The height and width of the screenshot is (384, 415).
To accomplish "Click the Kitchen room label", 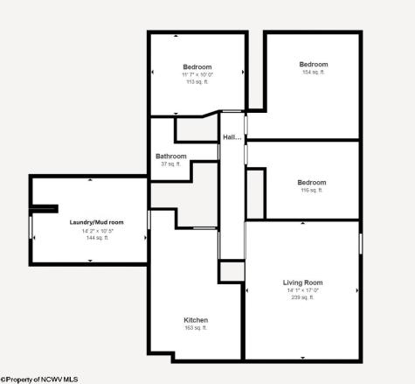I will (196, 320).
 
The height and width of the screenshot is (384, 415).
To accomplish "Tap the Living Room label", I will (302, 283).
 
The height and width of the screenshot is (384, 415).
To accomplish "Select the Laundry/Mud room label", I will (96, 222).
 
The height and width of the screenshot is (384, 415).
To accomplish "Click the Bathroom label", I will (171, 157).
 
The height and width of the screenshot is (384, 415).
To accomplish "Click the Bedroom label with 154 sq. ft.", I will (313, 64).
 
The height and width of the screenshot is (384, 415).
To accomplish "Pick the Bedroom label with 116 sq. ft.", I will (312, 182).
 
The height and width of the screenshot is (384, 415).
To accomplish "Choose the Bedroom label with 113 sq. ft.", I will (197, 67).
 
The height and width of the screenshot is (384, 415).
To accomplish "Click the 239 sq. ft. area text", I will (302, 297).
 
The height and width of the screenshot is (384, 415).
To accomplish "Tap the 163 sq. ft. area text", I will (196, 328).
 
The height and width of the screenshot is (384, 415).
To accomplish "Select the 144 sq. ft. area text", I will (96, 238).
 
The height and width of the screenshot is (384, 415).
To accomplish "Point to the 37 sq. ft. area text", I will (171, 164).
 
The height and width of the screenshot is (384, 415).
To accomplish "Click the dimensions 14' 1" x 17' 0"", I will (302, 290).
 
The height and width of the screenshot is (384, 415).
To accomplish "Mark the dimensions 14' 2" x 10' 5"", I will (96, 231).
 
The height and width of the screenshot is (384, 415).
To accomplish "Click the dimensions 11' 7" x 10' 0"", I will (197, 75).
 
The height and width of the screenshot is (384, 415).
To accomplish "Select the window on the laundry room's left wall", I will (31, 228).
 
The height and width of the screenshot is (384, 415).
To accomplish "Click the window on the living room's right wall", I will (360, 242).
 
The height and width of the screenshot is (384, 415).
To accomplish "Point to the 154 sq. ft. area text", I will (313, 72).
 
